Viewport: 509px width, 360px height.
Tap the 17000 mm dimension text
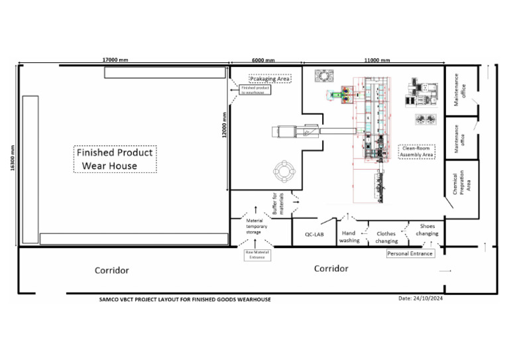[x=115, y=60]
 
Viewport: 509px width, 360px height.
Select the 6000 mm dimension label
[x=264, y=60]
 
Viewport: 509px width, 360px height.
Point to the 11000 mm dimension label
[x=377, y=60]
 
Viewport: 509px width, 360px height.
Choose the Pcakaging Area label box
[x=270, y=78]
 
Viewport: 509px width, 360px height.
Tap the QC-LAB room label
[x=313, y=235]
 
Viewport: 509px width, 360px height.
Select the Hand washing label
[x=349, y=237]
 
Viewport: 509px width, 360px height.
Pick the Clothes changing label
[x=387, y=237]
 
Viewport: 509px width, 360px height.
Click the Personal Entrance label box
[x=410, y=253]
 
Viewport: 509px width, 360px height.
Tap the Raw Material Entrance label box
[x=256, y=255]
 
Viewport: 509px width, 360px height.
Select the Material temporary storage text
[x=255, y=226]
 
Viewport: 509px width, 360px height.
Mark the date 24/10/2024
[x=424, y=298]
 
